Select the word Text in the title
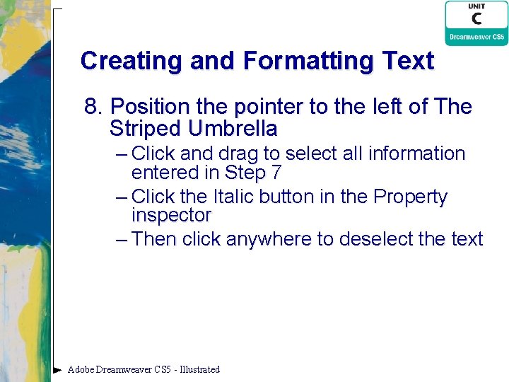pyautogui.click(x=409, y=61)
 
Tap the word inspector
pyautogui.click(x=171, y=214)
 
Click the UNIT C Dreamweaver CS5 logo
pyautogui.click(x=476, y=23)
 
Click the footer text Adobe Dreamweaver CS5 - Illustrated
pyautogui.click(x=144, y=369)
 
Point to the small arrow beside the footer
pyautogui.click(x=57, y=369)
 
